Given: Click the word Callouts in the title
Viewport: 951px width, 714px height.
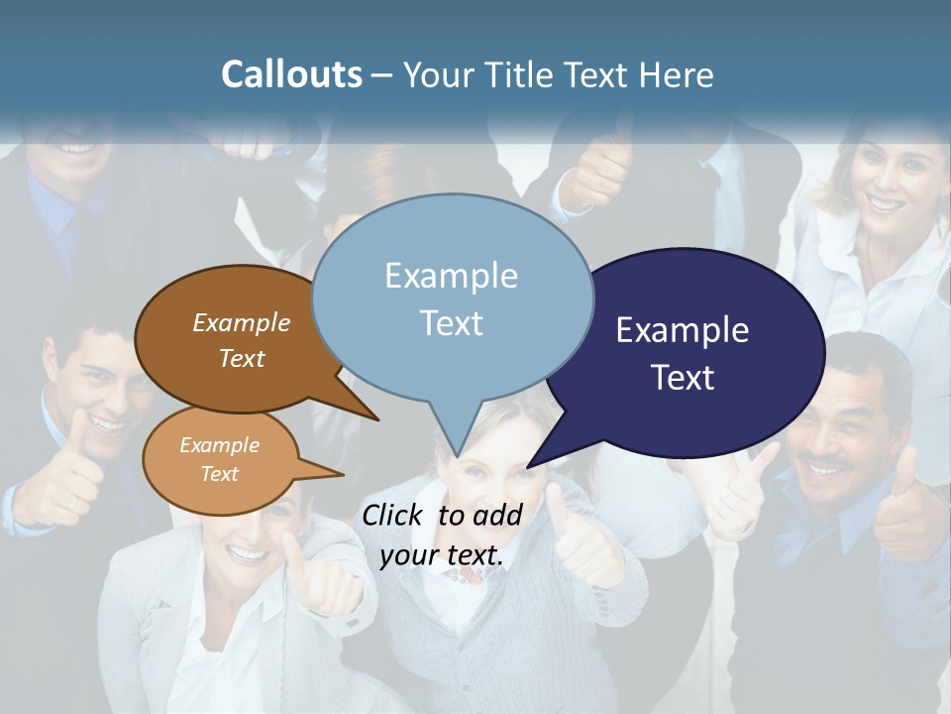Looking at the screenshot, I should [x=291, y=74].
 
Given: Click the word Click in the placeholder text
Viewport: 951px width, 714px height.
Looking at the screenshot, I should [x=394, y=515].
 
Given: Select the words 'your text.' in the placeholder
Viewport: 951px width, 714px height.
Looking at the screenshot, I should [x=442, y=555].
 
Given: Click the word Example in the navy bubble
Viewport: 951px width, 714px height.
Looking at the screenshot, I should [x=682, y=330].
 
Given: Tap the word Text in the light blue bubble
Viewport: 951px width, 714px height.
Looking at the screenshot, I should [x=452, y=323].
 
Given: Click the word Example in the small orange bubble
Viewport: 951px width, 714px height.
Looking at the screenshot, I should [x=219, y=445].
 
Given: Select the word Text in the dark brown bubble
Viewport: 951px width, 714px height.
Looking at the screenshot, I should [x=242, y=358].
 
